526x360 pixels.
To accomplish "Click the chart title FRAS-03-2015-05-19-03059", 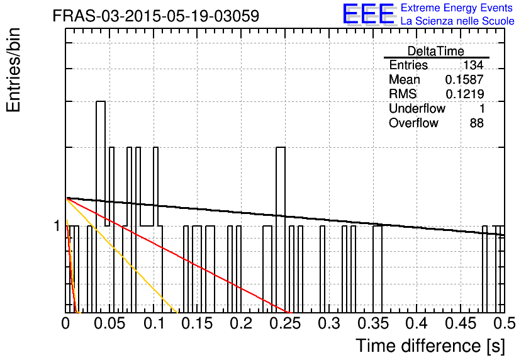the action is tap(156, 16).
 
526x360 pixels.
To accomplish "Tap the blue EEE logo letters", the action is tap(369, 14).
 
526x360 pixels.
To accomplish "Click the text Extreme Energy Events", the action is tap(457, 8).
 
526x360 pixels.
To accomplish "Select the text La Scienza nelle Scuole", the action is tap(457, 21).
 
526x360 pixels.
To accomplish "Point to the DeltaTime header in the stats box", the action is tap(436, 51).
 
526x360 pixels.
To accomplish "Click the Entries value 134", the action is tap(473, 65).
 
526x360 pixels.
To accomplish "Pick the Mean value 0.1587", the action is tap(464, 79).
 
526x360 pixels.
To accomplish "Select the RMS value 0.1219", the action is tap(464, 94).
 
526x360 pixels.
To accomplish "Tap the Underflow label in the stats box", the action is tap(417, 108).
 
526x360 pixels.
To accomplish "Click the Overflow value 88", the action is tap(477, 123).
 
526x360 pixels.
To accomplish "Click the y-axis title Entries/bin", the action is tap(13, 70).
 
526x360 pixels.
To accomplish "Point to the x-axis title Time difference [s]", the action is tap(430, 346).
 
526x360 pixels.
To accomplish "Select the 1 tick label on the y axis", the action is tap(57, 226).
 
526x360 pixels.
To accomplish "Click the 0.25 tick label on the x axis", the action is tap(286, 323).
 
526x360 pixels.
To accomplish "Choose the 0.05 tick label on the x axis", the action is tap(109, 323).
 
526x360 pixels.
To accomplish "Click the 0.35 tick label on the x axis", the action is tap(373, 323).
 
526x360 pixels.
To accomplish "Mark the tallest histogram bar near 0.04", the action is tap(101, 207).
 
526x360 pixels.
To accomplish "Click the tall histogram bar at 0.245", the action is tap(281, 230).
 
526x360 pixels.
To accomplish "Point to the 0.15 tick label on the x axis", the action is tap(198, 323).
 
